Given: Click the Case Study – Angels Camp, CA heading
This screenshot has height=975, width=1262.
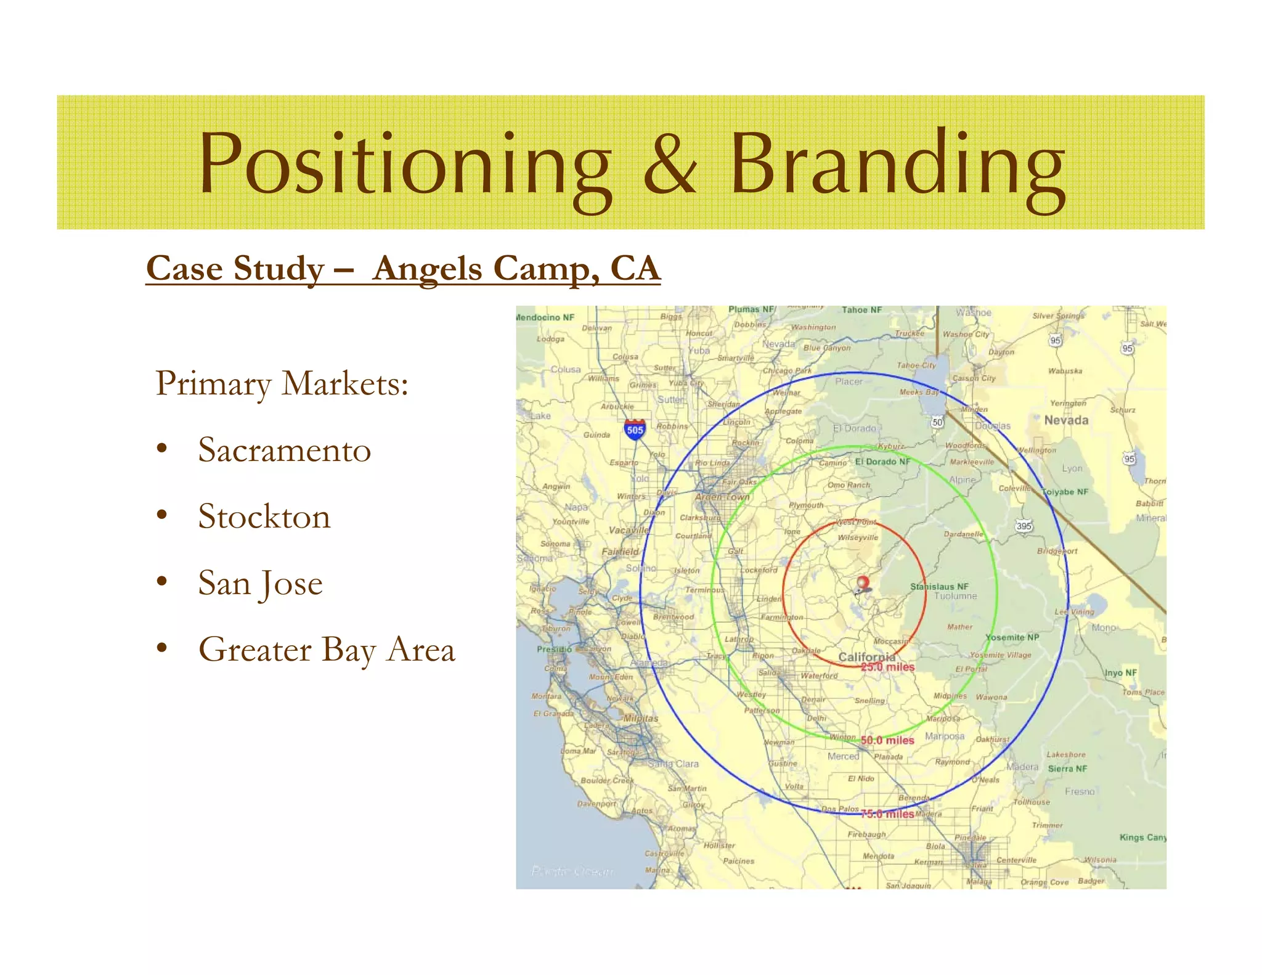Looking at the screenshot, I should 403,269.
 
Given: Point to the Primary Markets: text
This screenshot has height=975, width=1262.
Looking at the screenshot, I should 282,383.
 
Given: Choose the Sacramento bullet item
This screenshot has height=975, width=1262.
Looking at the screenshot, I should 284,450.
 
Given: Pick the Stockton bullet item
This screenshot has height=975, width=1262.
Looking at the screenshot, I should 264,516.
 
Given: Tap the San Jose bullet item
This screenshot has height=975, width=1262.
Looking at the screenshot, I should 260,583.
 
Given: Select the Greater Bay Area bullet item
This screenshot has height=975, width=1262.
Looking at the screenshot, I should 327,650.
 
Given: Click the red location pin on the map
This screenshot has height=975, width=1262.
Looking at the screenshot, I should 863,583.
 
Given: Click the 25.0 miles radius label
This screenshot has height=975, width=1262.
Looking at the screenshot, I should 887,667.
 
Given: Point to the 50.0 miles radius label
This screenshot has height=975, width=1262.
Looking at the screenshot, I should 887,740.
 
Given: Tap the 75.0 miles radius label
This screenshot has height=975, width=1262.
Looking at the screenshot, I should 887,814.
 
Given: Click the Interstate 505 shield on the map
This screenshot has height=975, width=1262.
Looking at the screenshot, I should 635,430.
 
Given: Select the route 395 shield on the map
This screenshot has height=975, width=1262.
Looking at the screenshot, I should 1024,526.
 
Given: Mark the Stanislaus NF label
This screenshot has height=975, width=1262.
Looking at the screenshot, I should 939,587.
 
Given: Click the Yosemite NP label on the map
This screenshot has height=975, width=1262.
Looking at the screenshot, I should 1012,637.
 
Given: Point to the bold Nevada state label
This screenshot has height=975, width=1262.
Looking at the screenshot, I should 1066,420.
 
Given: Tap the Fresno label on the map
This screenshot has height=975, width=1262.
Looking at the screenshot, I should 1080,791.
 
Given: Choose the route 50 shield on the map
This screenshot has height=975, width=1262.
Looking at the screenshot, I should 937,422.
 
